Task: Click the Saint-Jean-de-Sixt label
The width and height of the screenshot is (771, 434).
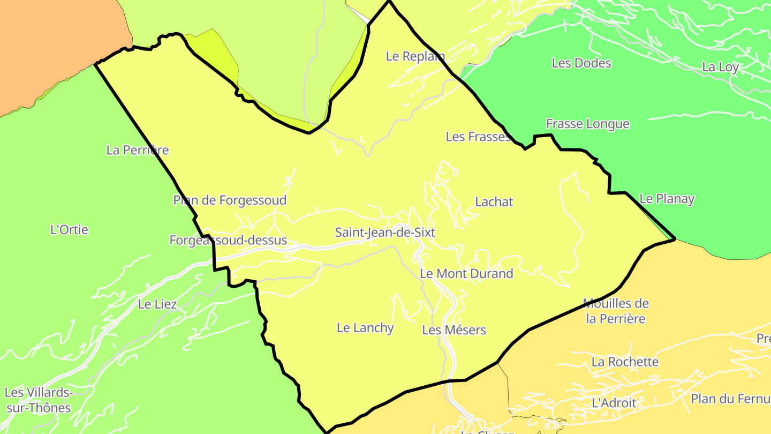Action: pyautogui.click(x=385, y=233)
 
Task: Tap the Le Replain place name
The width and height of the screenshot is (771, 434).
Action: pyautogui.click(x=415, y=56)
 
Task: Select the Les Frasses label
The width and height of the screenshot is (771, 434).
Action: pyautogui.click(x=478, y=137)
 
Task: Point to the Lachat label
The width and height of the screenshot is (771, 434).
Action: pyautogui.click(x=494, y=202)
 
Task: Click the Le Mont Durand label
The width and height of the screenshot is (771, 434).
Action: pyautogui.click(x=466, y=274)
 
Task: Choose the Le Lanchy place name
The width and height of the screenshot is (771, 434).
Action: pyautogui.click(x=365, y=328)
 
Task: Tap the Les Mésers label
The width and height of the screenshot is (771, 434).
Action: pyautogui.click(x=454, y=330)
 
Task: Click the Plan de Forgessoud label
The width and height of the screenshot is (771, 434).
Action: pyautogui.click(x=230, y=200)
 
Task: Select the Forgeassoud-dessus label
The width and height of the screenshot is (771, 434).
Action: pyautogui.click(x=228, y=241)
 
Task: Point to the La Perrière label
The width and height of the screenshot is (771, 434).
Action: pyautogui.click(x=138, y=150)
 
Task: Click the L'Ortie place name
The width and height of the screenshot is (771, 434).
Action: pyautogui.click(x=69, y=230)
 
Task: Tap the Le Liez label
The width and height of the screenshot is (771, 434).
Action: pyautogui.click(x=157, y=304)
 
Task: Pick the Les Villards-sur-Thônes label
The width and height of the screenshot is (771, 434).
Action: pyautogui.click(x=38, y=400)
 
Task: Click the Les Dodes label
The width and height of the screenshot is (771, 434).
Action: pyautogui.click(x=581, y=63)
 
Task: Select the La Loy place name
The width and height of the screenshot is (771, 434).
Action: pyautogui.click(x=720, y=68)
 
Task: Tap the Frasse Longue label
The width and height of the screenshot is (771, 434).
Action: pyautogui.click(x=588, y=124)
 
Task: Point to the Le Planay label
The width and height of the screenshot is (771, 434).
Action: pyautogui.click(x=667, y=199)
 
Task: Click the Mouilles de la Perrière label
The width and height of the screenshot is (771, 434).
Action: pyautogui.click(x=616, y=311)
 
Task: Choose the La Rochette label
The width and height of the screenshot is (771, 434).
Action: pyautogui.click(x=625, y=362)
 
